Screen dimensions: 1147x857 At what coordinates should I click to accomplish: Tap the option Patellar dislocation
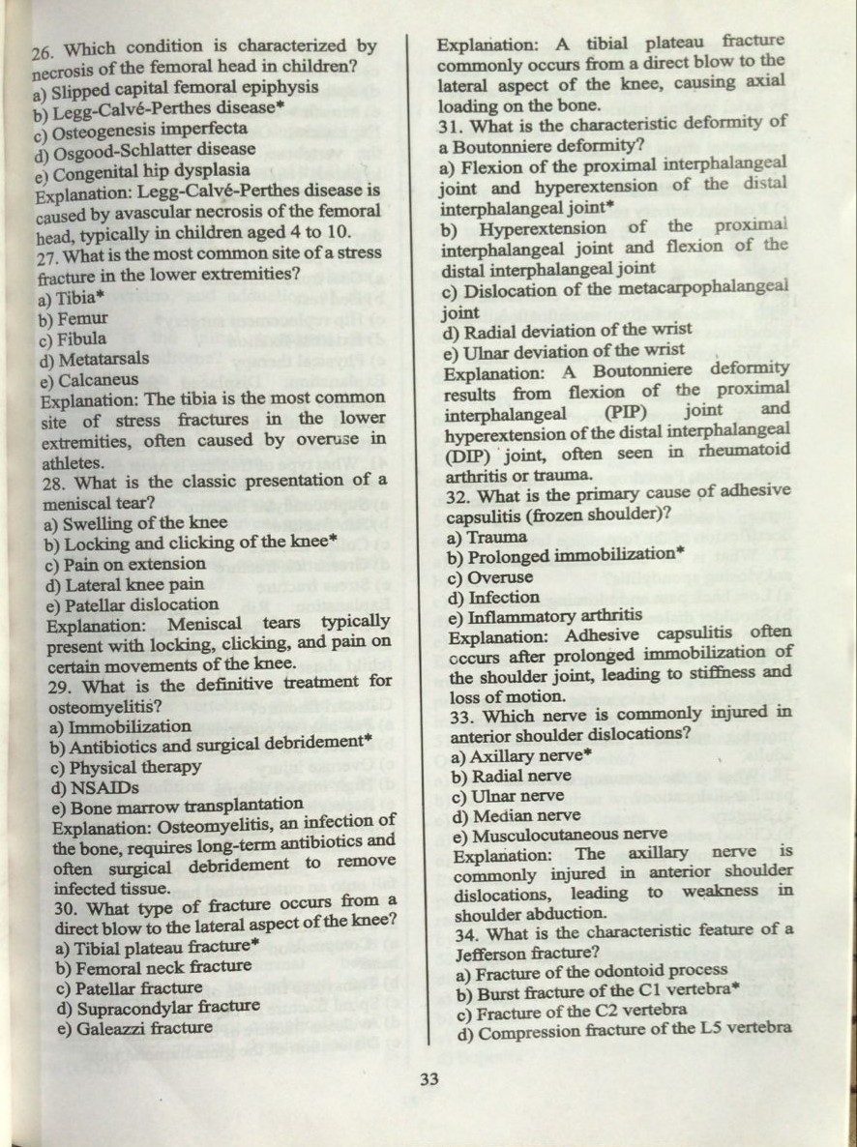(133, 605)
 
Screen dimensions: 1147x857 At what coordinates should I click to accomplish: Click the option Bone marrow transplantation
(178, 806)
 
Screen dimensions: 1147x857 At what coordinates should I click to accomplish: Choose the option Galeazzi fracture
(134, 1027)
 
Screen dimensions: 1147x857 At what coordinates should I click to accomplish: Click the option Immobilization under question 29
(120, 726)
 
